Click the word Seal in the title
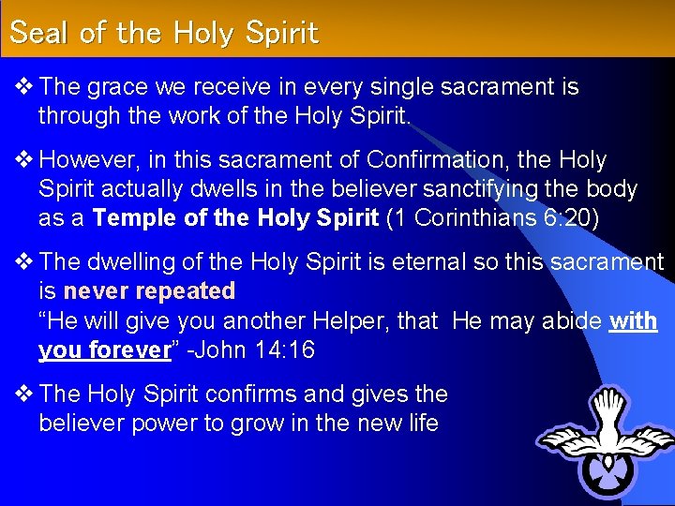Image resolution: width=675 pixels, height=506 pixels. [x=39, y=34]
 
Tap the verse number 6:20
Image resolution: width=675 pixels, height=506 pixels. [x=573, y=217]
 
